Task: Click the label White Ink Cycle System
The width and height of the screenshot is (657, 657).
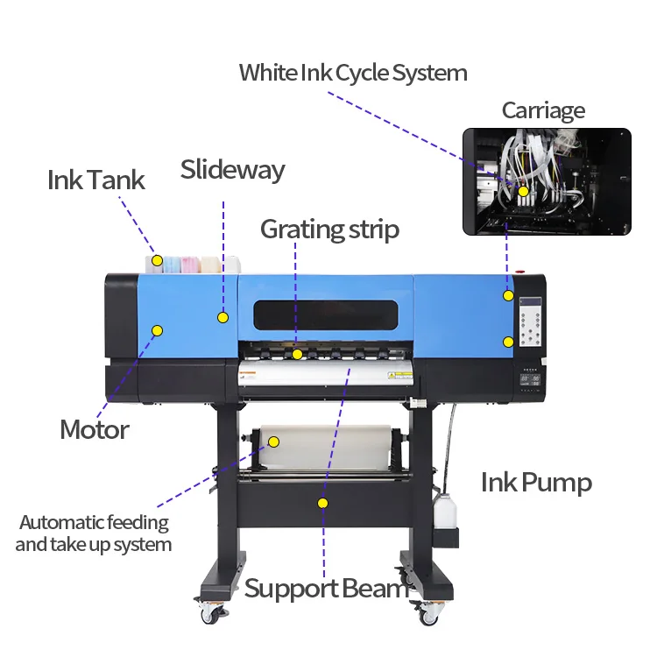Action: [353, 72]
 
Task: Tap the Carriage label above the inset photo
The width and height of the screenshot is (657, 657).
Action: [543, 110]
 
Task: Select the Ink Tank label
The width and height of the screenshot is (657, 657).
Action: [96, 180]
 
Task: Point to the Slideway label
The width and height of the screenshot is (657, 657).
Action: [232, 169]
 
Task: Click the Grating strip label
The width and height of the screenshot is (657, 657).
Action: [329, 230]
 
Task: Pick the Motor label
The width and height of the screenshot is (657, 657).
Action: [95, 430]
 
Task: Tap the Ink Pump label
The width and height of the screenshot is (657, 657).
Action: [536, 482]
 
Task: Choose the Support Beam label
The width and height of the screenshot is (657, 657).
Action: [326, 588]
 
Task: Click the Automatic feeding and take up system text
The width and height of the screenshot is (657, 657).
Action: [94, 533]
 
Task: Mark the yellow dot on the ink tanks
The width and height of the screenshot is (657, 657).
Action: [157, 260]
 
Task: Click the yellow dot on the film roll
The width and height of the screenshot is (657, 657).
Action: [272, 442]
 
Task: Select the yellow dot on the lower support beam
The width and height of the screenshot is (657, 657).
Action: [322, 503]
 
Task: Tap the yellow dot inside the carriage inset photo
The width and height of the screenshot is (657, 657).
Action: [523, 191]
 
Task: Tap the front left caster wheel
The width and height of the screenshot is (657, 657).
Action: [210, 613]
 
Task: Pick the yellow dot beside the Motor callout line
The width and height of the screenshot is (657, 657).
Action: [158, 330]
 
